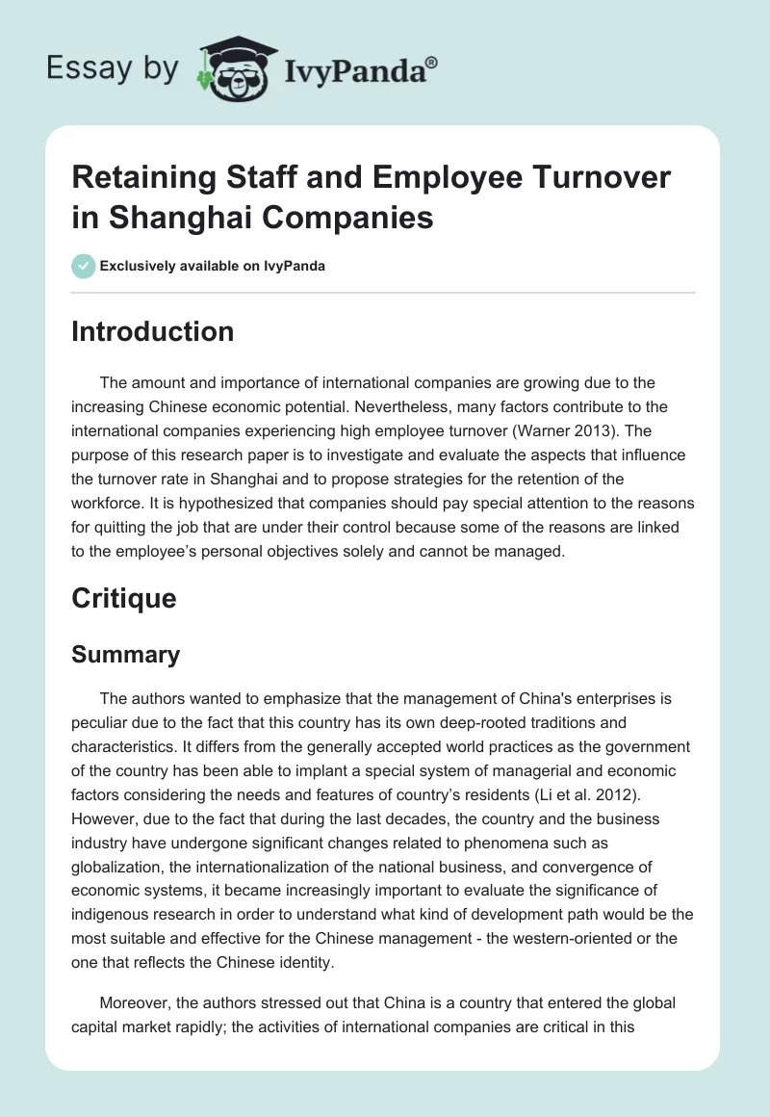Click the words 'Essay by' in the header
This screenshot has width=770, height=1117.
click(x=114, y=70)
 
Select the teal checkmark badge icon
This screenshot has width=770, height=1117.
click(x=83, y=266)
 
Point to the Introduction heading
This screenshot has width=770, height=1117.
click(x=153, y=332)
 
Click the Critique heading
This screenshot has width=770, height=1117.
click(x=124, y=599)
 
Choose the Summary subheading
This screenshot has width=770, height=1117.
click(x=126, y=655)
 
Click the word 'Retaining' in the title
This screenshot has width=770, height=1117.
click(x=140, y=178)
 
